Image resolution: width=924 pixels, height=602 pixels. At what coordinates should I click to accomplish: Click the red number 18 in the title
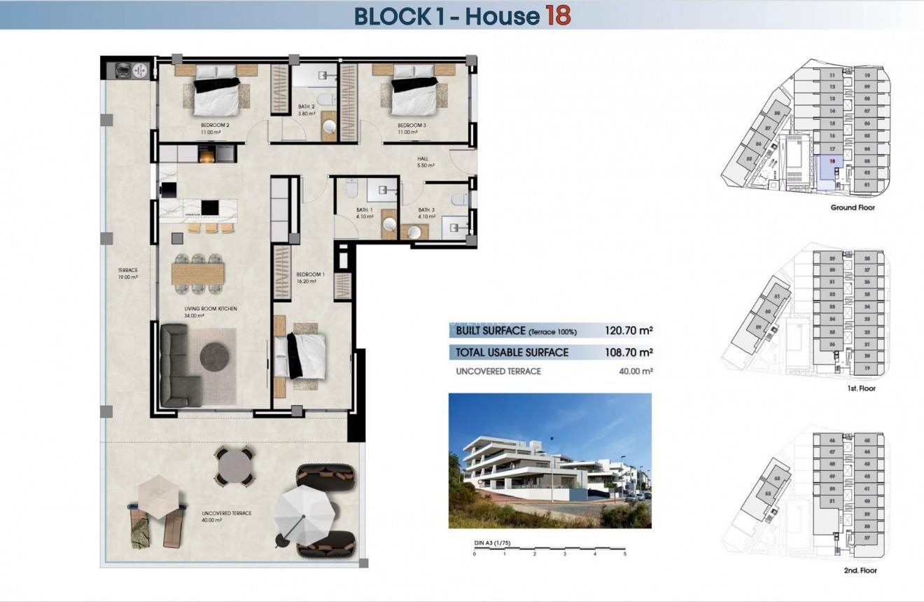[x=558, y=15]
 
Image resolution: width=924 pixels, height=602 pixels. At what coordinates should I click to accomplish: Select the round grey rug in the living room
[x=215, y=357]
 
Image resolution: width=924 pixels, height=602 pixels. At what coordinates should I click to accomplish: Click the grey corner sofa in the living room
[x=176, y=364]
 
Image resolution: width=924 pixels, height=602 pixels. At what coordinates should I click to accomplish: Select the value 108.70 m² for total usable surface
[x=629, y=353]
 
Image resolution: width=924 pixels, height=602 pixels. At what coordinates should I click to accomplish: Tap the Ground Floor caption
[x=853, y=207]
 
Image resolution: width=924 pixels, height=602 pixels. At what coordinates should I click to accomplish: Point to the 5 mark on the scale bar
[x=624, y=554]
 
